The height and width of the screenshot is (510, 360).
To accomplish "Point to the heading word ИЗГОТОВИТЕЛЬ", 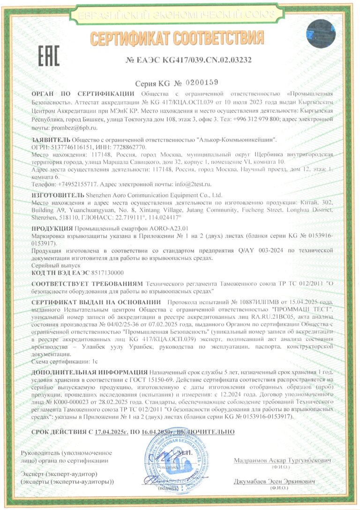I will tap(58, 194).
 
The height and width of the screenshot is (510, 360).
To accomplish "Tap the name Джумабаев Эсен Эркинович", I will tap(275, 482).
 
